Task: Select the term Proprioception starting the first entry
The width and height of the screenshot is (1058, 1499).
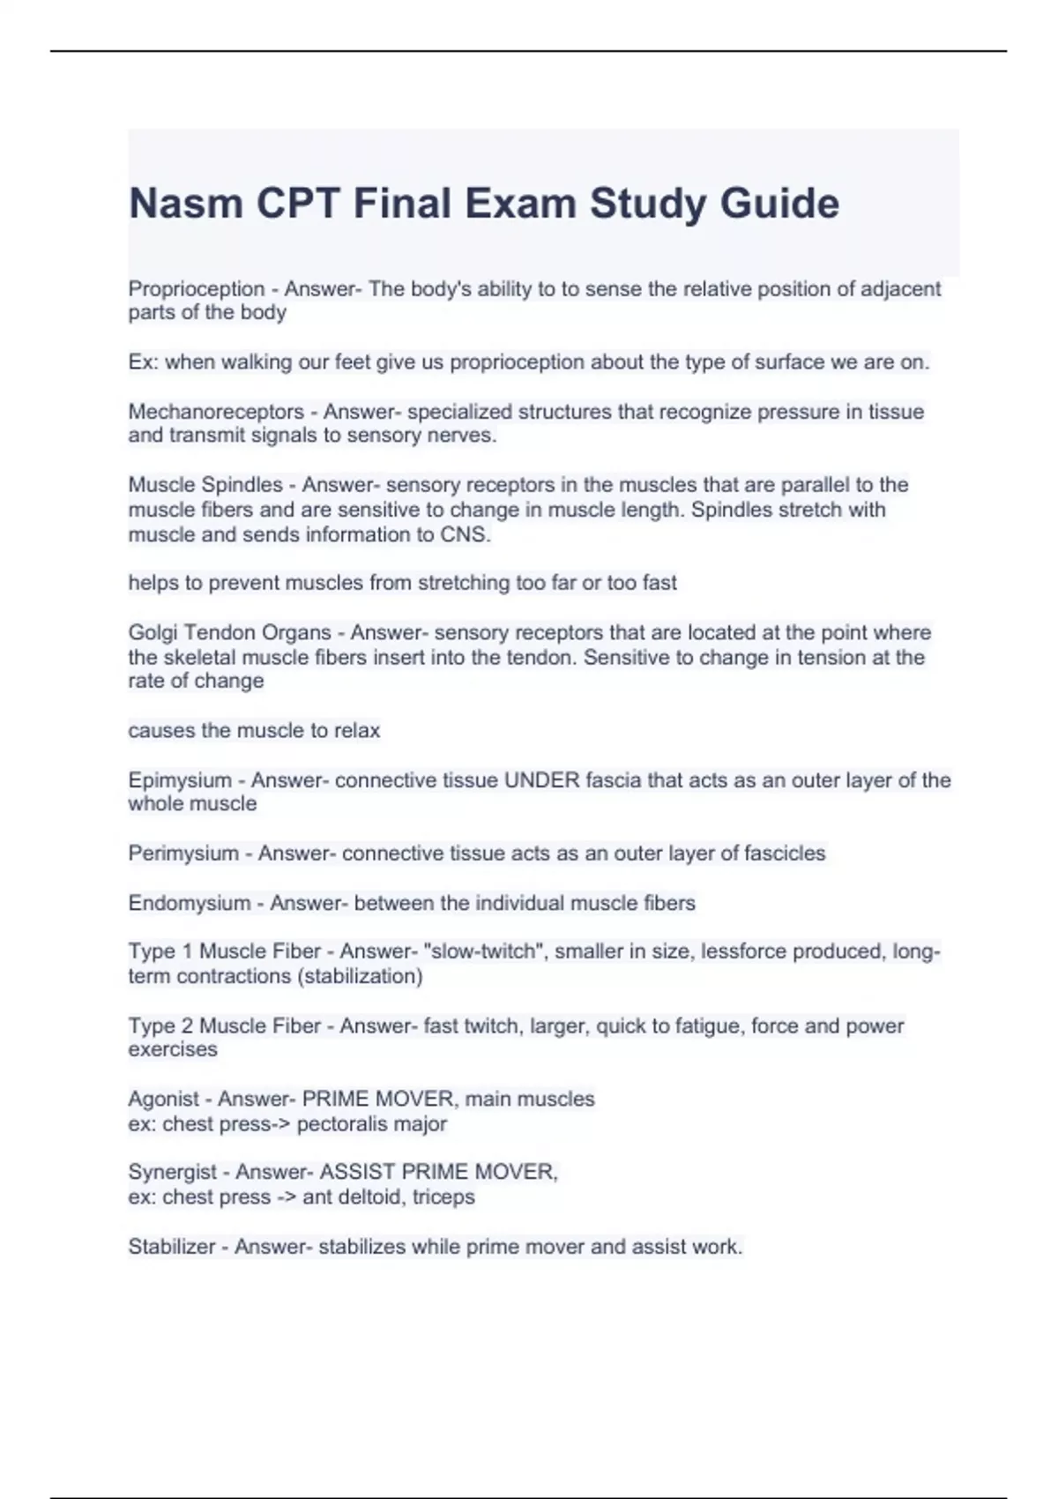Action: click(x=197, y=289)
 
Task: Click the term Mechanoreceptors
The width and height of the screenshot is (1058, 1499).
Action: click(x=216, y=412)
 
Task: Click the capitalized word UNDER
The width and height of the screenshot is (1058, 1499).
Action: click(x=541, y=780)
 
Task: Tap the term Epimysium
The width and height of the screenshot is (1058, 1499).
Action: click(x=180, y=780)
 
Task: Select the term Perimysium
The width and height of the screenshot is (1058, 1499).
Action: click(x=183, y=854)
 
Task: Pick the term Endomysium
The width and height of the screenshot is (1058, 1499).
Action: click(x=190, y=903)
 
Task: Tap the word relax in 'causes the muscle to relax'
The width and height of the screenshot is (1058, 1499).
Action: click(x=356, y=731)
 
